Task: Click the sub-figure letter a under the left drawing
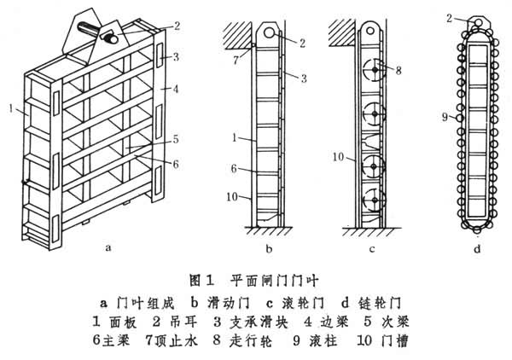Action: (107, 248)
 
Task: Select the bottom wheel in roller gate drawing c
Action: (372, 205)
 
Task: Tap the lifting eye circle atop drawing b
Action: (270, 32)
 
